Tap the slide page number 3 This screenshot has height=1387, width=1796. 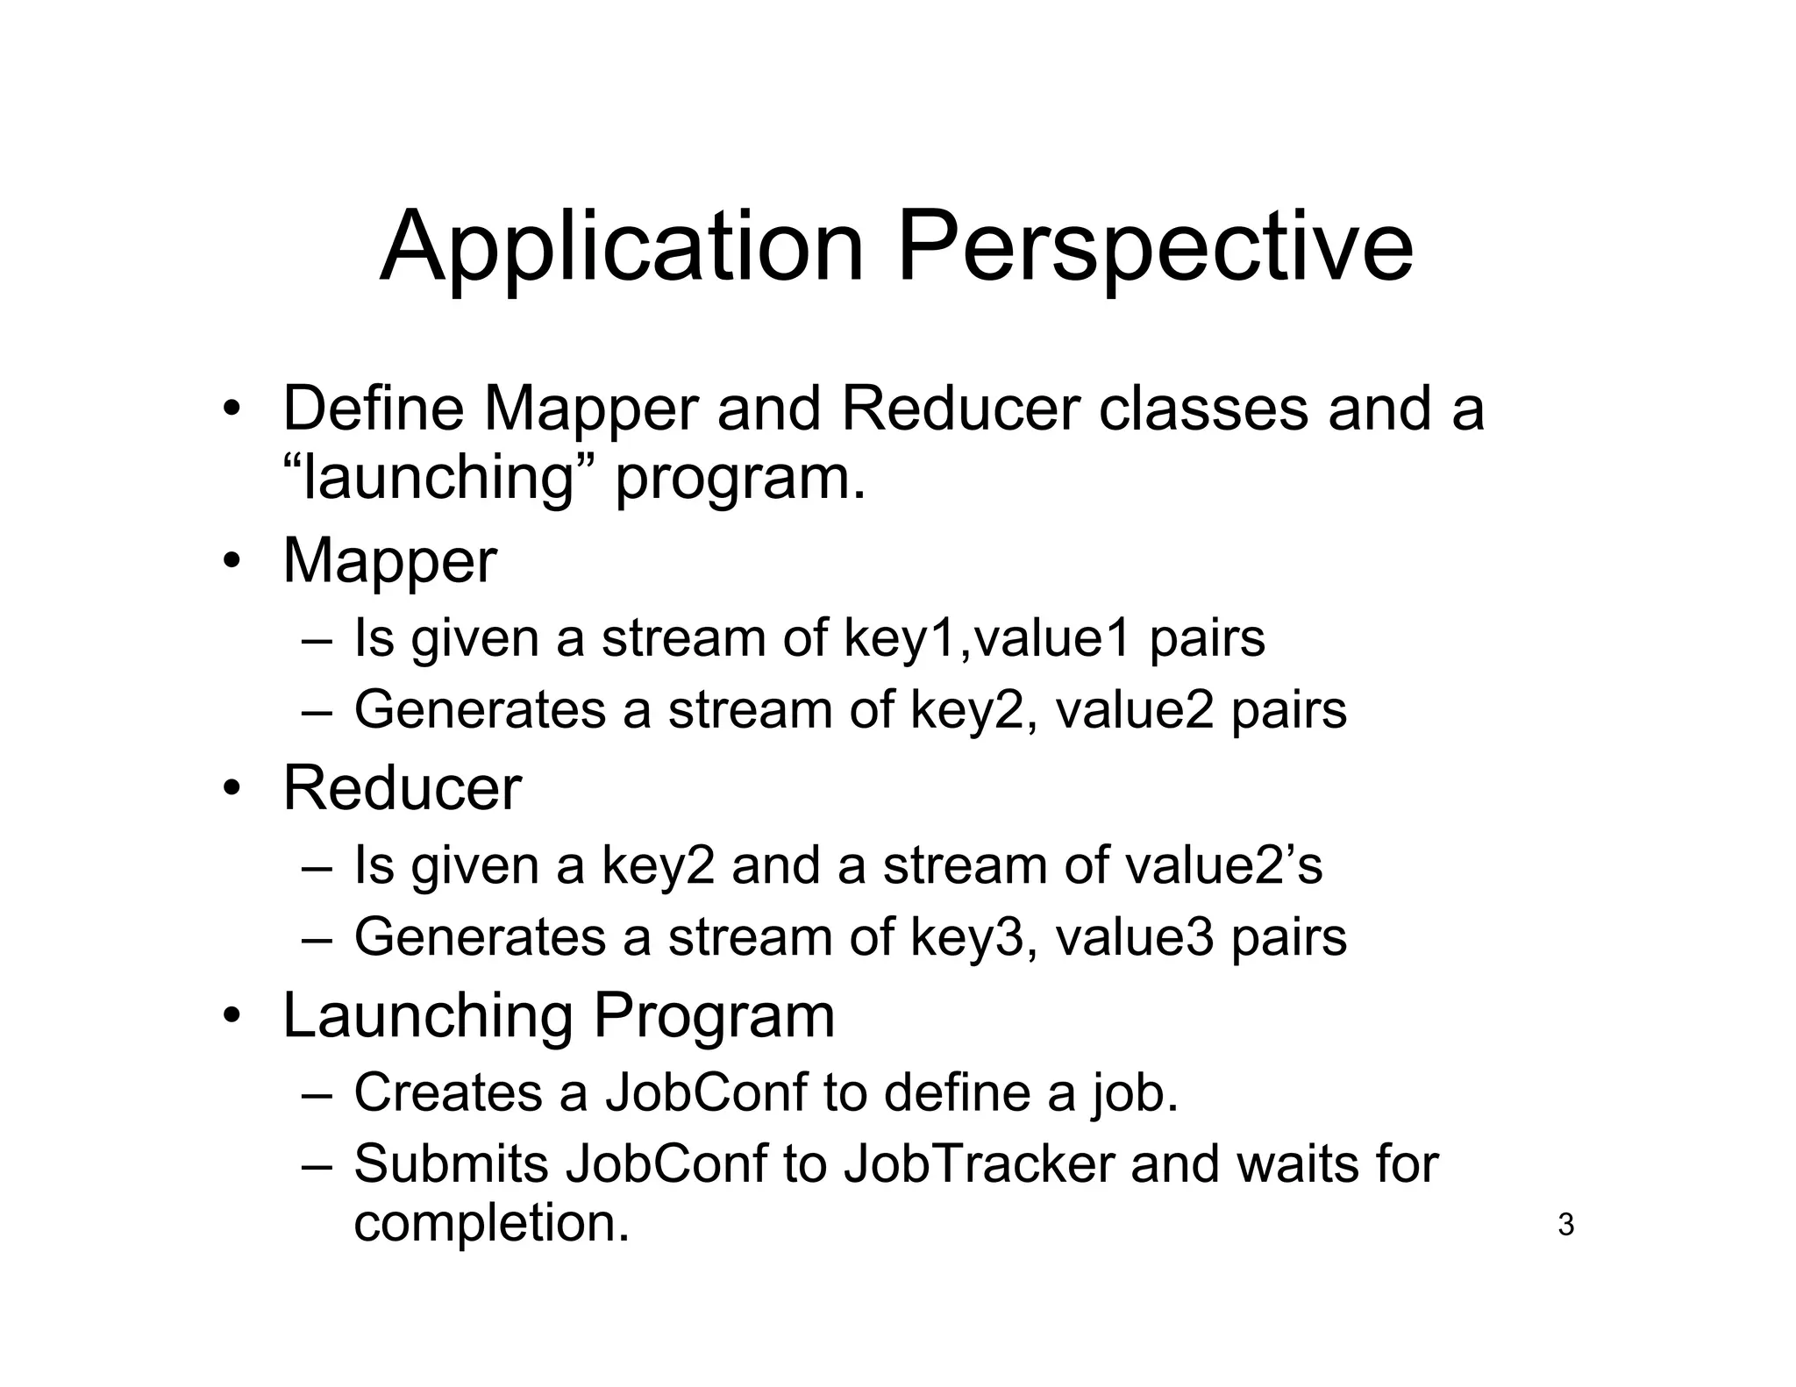point(1565,1225)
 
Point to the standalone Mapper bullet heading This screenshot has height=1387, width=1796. point(389,561)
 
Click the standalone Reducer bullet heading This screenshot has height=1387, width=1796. point(402,788)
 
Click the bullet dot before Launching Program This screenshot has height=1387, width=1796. point(231,1017)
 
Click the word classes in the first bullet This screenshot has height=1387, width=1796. point(1203,409)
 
